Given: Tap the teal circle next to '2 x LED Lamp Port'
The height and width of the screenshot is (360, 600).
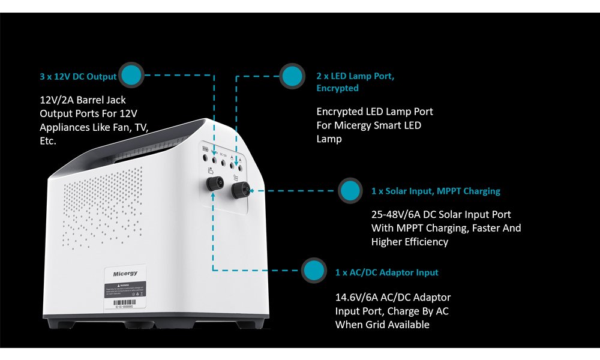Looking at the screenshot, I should click(292, 76).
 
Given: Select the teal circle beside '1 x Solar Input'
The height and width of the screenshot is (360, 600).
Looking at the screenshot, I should click(350, 191).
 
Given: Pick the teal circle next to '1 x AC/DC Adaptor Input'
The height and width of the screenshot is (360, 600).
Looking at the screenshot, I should click(314, 272).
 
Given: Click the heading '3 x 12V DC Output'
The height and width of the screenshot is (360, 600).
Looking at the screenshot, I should click(78, 76).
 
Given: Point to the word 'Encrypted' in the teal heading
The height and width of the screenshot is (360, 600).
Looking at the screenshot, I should click(337, 88).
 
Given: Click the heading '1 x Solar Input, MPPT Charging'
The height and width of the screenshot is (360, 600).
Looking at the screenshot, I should click(436, 191).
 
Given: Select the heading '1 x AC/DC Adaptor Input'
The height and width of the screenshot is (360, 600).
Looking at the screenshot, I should click(387, 272).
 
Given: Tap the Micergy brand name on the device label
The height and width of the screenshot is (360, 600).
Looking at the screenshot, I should click(125, 274).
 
